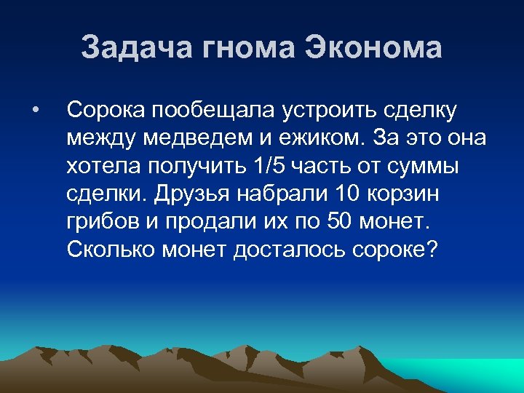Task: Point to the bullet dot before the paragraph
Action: (x=34, y=110)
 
